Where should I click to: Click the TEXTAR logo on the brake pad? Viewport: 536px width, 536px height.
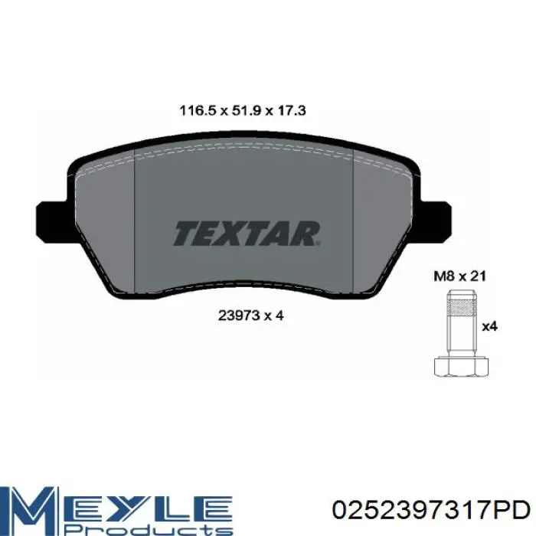click(x=247, y=234)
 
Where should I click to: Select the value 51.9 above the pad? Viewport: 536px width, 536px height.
click(x=247, y=111)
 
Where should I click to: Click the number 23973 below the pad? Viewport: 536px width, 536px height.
click(x=239, y=315)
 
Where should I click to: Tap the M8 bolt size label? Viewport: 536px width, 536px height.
click(x=444, y=276)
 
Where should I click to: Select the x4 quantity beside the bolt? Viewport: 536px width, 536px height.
click(x=489, y=327)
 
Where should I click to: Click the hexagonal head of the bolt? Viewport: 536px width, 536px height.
click(x=461, y=367)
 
